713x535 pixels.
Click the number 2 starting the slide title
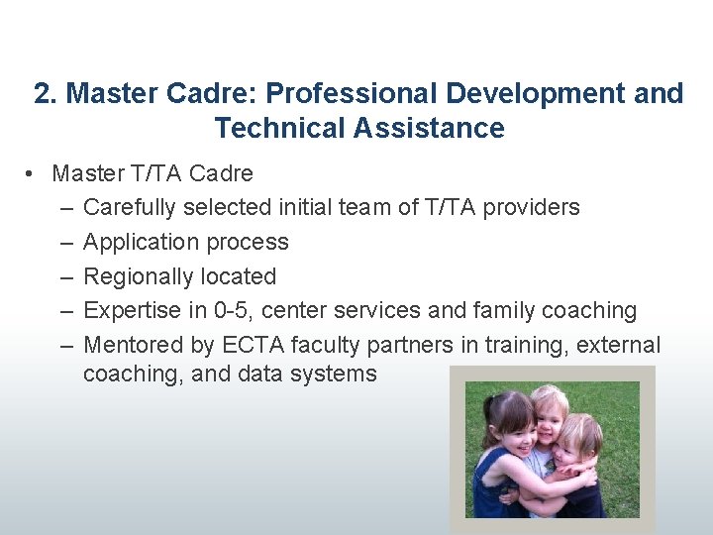tap(41, 94)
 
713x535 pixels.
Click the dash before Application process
tap(65, 243)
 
